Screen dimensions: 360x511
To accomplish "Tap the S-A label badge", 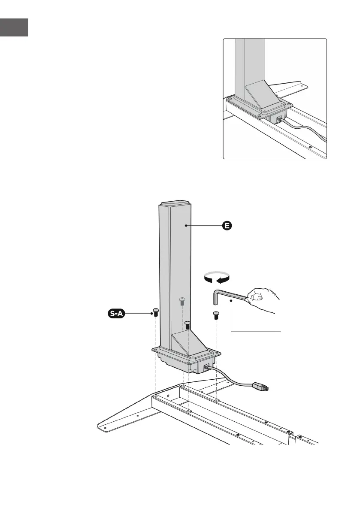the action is click(x=116, y=314).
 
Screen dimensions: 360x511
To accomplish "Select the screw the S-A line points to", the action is click(x=156, y=312).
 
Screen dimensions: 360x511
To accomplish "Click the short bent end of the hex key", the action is click(x=216, y=298).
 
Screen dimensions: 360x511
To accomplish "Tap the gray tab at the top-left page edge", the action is click(x=14, y=27).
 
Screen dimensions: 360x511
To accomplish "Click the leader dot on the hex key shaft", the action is click(x=231, y=302).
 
